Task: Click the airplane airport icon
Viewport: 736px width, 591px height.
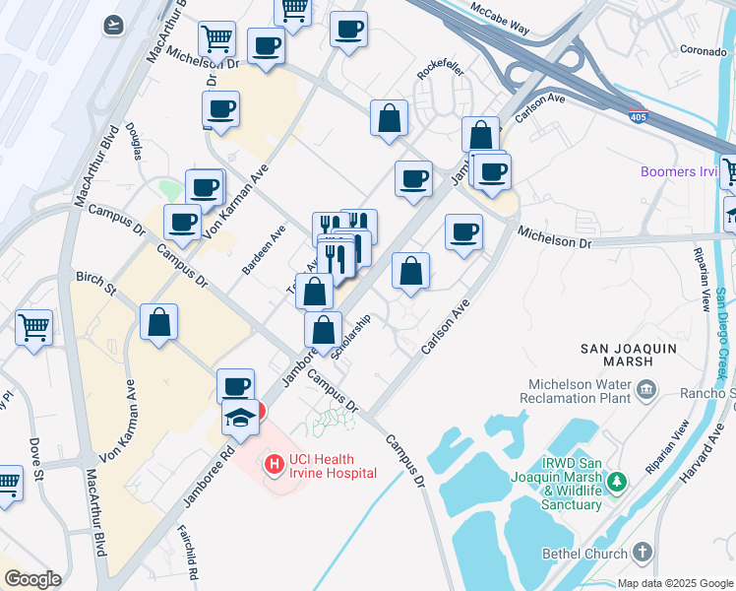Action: pos(113,23)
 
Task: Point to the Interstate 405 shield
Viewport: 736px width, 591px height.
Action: pos(638,115)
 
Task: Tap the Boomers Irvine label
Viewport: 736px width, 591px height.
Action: pos(679,171)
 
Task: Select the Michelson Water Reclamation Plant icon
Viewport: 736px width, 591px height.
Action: pos(646,390)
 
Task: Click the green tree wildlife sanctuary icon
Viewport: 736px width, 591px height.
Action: pos(617,481)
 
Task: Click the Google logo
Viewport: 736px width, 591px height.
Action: pos(32,579)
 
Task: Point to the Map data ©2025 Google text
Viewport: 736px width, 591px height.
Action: pos(675,583)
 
